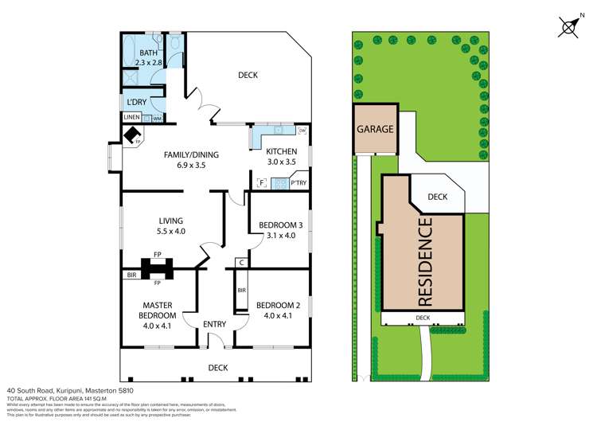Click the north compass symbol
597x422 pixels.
(x=569, y=26)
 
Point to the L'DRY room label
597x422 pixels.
(x=136, y=103)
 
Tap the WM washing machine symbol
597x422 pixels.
(x=157, y=119)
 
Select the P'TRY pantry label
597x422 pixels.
(x=298, y=183)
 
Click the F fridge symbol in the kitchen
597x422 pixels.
(x=261, y=183)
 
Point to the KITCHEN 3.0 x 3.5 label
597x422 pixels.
(x=281, y=156)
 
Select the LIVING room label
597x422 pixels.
(x=170, y=221)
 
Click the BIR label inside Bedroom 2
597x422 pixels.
(x=240, y=293)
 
